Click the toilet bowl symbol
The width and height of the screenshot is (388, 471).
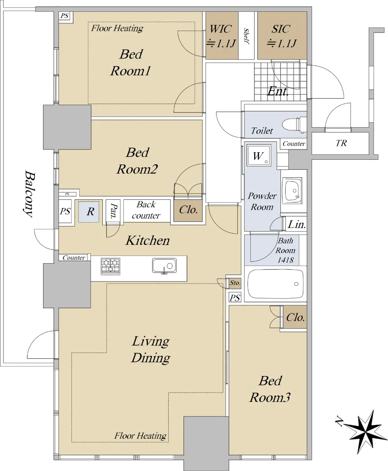click(294, 125)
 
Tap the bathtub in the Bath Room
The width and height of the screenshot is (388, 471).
click(275, 284)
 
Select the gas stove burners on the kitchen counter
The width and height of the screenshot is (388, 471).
click(111, 266)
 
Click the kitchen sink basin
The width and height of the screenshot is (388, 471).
click(164, 266)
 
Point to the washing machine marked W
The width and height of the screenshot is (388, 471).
click(259, 156)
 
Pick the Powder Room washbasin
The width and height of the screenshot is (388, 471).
click(293, 191)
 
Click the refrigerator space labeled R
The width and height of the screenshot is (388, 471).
click(89, 212)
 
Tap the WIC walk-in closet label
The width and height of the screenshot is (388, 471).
click(220, 29)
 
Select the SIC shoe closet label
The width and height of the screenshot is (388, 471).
click(281, 29)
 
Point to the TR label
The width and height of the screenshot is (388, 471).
click(341, 143)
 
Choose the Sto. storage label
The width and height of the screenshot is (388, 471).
click(235, 283)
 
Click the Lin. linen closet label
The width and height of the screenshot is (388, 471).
click(297, 225)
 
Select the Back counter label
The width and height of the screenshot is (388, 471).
click(146, 210)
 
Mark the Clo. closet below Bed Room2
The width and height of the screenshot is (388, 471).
click(188, 210)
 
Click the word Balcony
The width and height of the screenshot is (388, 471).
click(29, 194)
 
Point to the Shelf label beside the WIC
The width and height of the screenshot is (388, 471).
click(246, 36)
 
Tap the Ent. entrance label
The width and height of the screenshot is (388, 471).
click(278, 91)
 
